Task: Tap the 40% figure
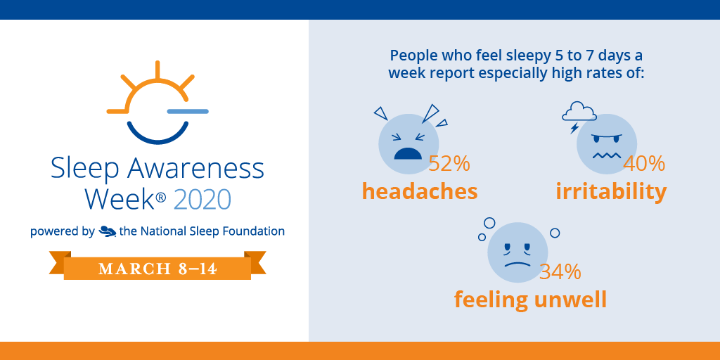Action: pyautogui.click(x=645, y=164)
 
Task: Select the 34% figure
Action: pyautogui.click(x=560, y=271)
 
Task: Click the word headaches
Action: pyautogui.click(x=420, y=191)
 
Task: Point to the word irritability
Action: pyautogui.click(x=611, y=191)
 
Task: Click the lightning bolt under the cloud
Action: pyautogui.click(x=574, y=128)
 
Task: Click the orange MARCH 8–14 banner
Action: pyautogui.click(x=157, y=269)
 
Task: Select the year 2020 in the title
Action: pyautogui.click(x=202, y=200)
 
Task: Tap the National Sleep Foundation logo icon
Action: pyautogui.click(x=108, y=231)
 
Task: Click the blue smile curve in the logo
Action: pyautogui.click(x=157, y=134)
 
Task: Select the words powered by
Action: pyautogui.click(x=62, y=231)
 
